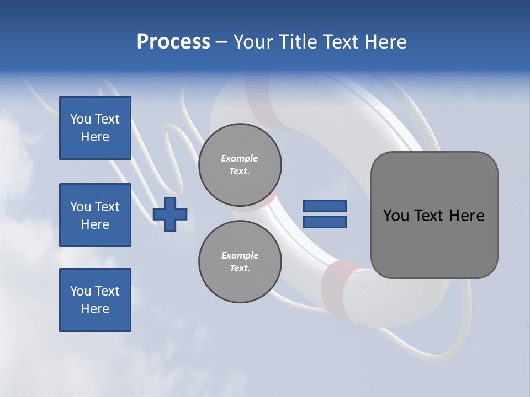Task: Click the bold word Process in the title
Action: [173, 42]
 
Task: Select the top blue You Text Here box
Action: [95, 128]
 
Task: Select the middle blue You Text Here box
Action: [95, 215]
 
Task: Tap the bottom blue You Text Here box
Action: [95, 300]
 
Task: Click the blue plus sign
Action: [170, 214]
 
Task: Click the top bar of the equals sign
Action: [325, 206]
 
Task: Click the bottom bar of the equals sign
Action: [325, 222]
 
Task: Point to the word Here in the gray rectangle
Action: [467, 216]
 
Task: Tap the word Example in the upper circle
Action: [240, 158]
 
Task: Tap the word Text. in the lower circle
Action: [240, 268]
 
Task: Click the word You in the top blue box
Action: [81, 119]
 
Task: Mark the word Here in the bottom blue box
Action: [95, 309]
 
